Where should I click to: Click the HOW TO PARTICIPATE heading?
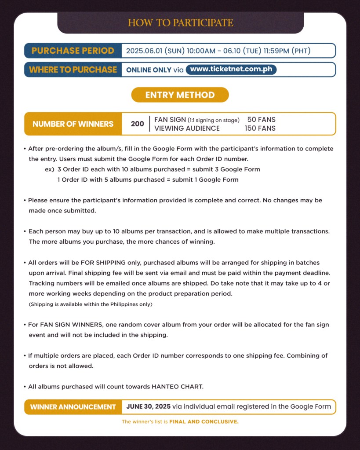[x=180, y=23]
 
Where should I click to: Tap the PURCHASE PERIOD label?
[x=73, y=51]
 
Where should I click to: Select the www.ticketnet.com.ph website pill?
[x=231, y=70]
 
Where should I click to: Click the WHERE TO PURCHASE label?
[x=73, y=70]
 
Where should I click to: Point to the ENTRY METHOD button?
[x=180, y=95]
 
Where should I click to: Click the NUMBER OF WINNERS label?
[x=73, y=124]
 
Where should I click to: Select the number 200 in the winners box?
[x=137, y=124]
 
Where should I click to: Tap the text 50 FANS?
[x=261, y=120]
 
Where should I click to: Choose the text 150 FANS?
[x=260, y=128]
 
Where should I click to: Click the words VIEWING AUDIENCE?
[x=187, y=128]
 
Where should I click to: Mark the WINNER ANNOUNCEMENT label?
[x=73, y=407]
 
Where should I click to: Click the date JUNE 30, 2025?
[x=148, y=406]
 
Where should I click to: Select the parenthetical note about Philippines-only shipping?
[x=91, y=304]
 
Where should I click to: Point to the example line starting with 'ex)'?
[x=152, y=169]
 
